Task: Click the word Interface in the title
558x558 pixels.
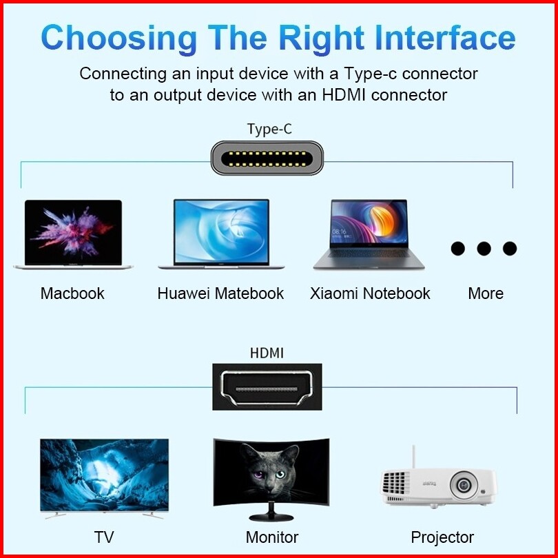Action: pos(445,37)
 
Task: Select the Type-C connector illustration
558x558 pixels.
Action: pos(267,158)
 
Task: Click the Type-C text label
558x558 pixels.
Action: pos(269,128)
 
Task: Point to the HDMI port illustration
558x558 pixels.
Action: pos(267,387)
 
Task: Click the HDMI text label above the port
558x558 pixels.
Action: pos(267,353)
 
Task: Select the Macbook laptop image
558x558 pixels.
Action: pos(73,234)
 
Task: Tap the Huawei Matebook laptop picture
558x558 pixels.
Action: pos(221,234)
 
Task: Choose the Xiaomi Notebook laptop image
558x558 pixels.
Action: pos(369,234)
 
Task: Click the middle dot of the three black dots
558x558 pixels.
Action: pos(484,249)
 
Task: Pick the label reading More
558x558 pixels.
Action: pos(486,293)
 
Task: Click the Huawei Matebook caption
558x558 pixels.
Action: pos(220,293)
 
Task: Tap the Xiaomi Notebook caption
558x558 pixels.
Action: pos(370,293)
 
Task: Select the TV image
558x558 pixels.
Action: pos(104,478)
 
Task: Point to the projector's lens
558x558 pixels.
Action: pos(463,484)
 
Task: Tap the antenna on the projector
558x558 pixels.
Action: pos(413,457)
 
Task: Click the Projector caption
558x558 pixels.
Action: pos(442,537)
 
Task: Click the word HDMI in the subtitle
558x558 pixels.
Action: pos(344,95)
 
